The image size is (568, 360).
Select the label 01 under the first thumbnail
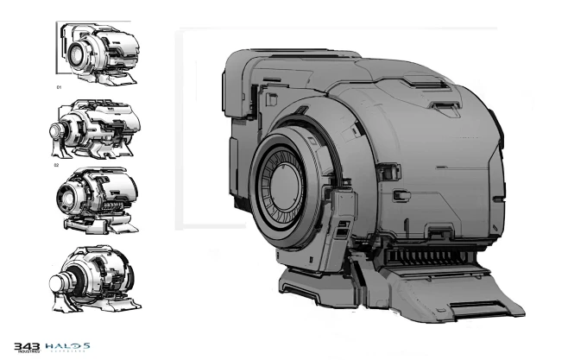(60, 87)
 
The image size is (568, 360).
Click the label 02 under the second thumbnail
(56, 163)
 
